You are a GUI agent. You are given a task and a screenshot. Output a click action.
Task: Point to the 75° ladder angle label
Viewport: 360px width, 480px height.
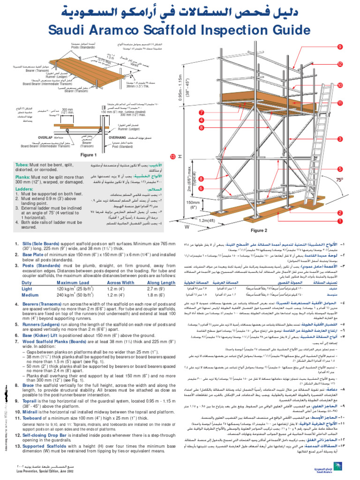(x=339, y=180)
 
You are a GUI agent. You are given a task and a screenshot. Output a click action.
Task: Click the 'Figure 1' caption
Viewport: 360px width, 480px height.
(x=88, y=155)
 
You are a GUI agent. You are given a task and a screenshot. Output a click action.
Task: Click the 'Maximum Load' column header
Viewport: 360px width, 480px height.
(x=73, y=283)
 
